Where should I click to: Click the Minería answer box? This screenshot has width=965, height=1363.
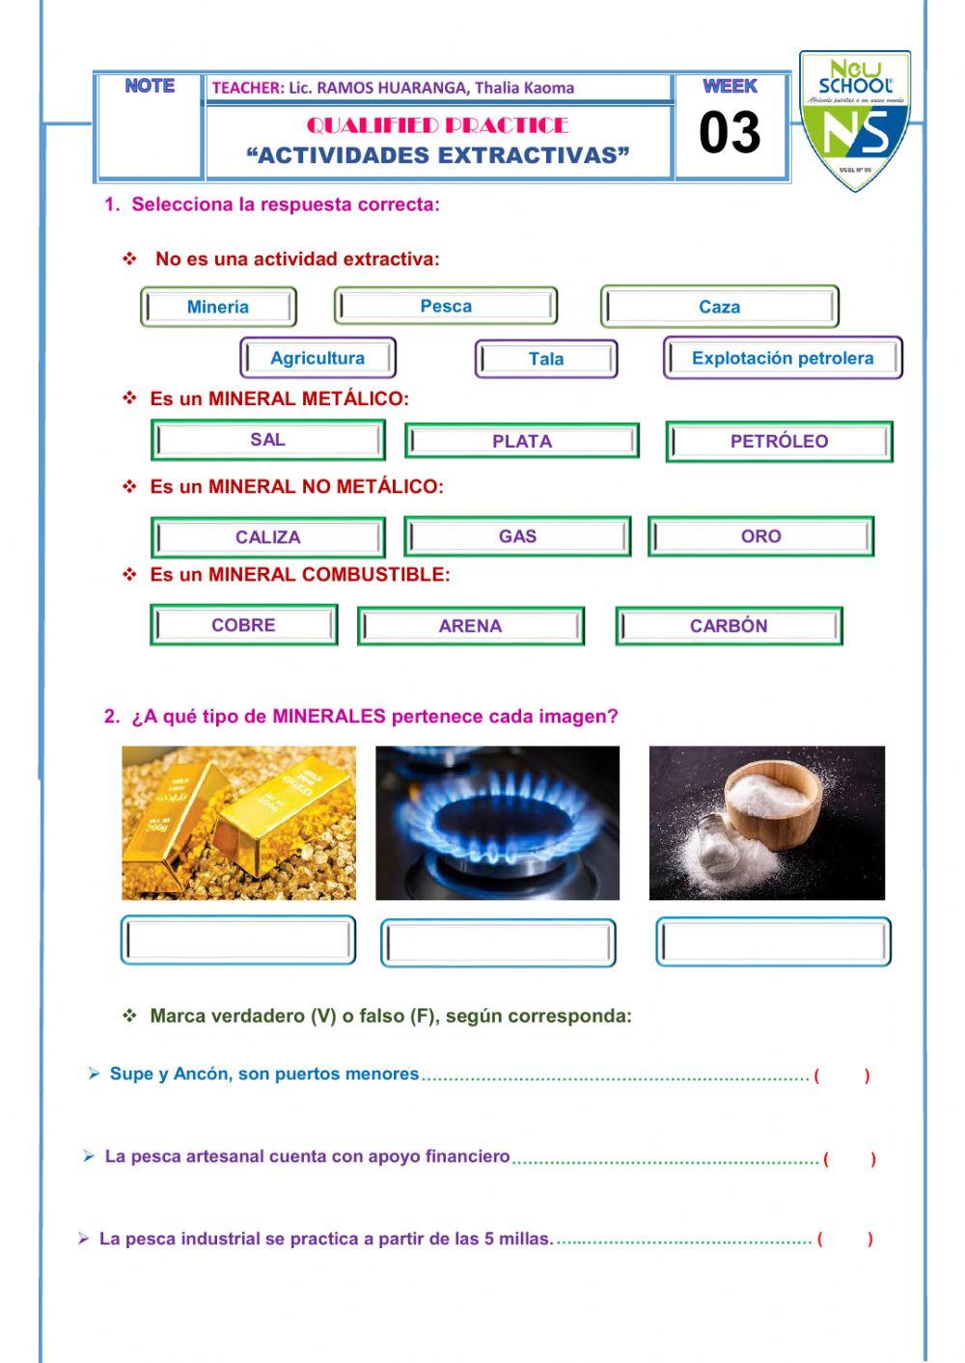218,307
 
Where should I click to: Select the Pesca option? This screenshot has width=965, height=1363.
446,306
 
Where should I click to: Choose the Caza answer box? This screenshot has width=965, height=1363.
719,307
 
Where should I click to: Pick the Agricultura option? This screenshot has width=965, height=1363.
317,358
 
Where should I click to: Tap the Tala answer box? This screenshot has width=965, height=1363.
546,359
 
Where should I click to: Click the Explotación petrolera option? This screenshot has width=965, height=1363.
783,358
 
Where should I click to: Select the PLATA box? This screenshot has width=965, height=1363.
522,441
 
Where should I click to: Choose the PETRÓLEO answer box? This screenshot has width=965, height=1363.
779,441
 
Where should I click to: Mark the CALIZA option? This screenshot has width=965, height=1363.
268,537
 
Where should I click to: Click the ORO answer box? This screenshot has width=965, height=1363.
760,536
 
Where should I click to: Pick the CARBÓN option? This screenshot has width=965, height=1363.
729,626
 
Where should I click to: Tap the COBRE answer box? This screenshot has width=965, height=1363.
243,625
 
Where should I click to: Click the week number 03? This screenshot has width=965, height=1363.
730,133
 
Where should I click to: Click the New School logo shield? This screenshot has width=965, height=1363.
855,121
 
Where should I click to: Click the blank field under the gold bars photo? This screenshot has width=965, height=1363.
238,941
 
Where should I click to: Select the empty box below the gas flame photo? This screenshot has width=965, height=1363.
498,942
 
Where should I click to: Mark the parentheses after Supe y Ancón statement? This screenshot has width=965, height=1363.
841,1076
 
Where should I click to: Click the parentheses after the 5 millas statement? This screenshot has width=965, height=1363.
844,1240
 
